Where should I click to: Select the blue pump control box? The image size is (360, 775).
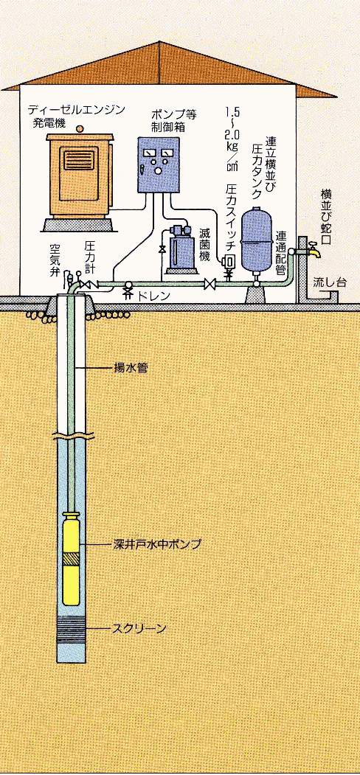click(x=158, y=164)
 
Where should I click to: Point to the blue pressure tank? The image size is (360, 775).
click(x=257, y=239)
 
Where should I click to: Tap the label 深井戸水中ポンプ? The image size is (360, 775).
click(x=155, y=545)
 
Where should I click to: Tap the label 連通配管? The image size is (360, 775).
click(x=281, y=254)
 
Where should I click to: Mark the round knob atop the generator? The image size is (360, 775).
click(x=80, y=129)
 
